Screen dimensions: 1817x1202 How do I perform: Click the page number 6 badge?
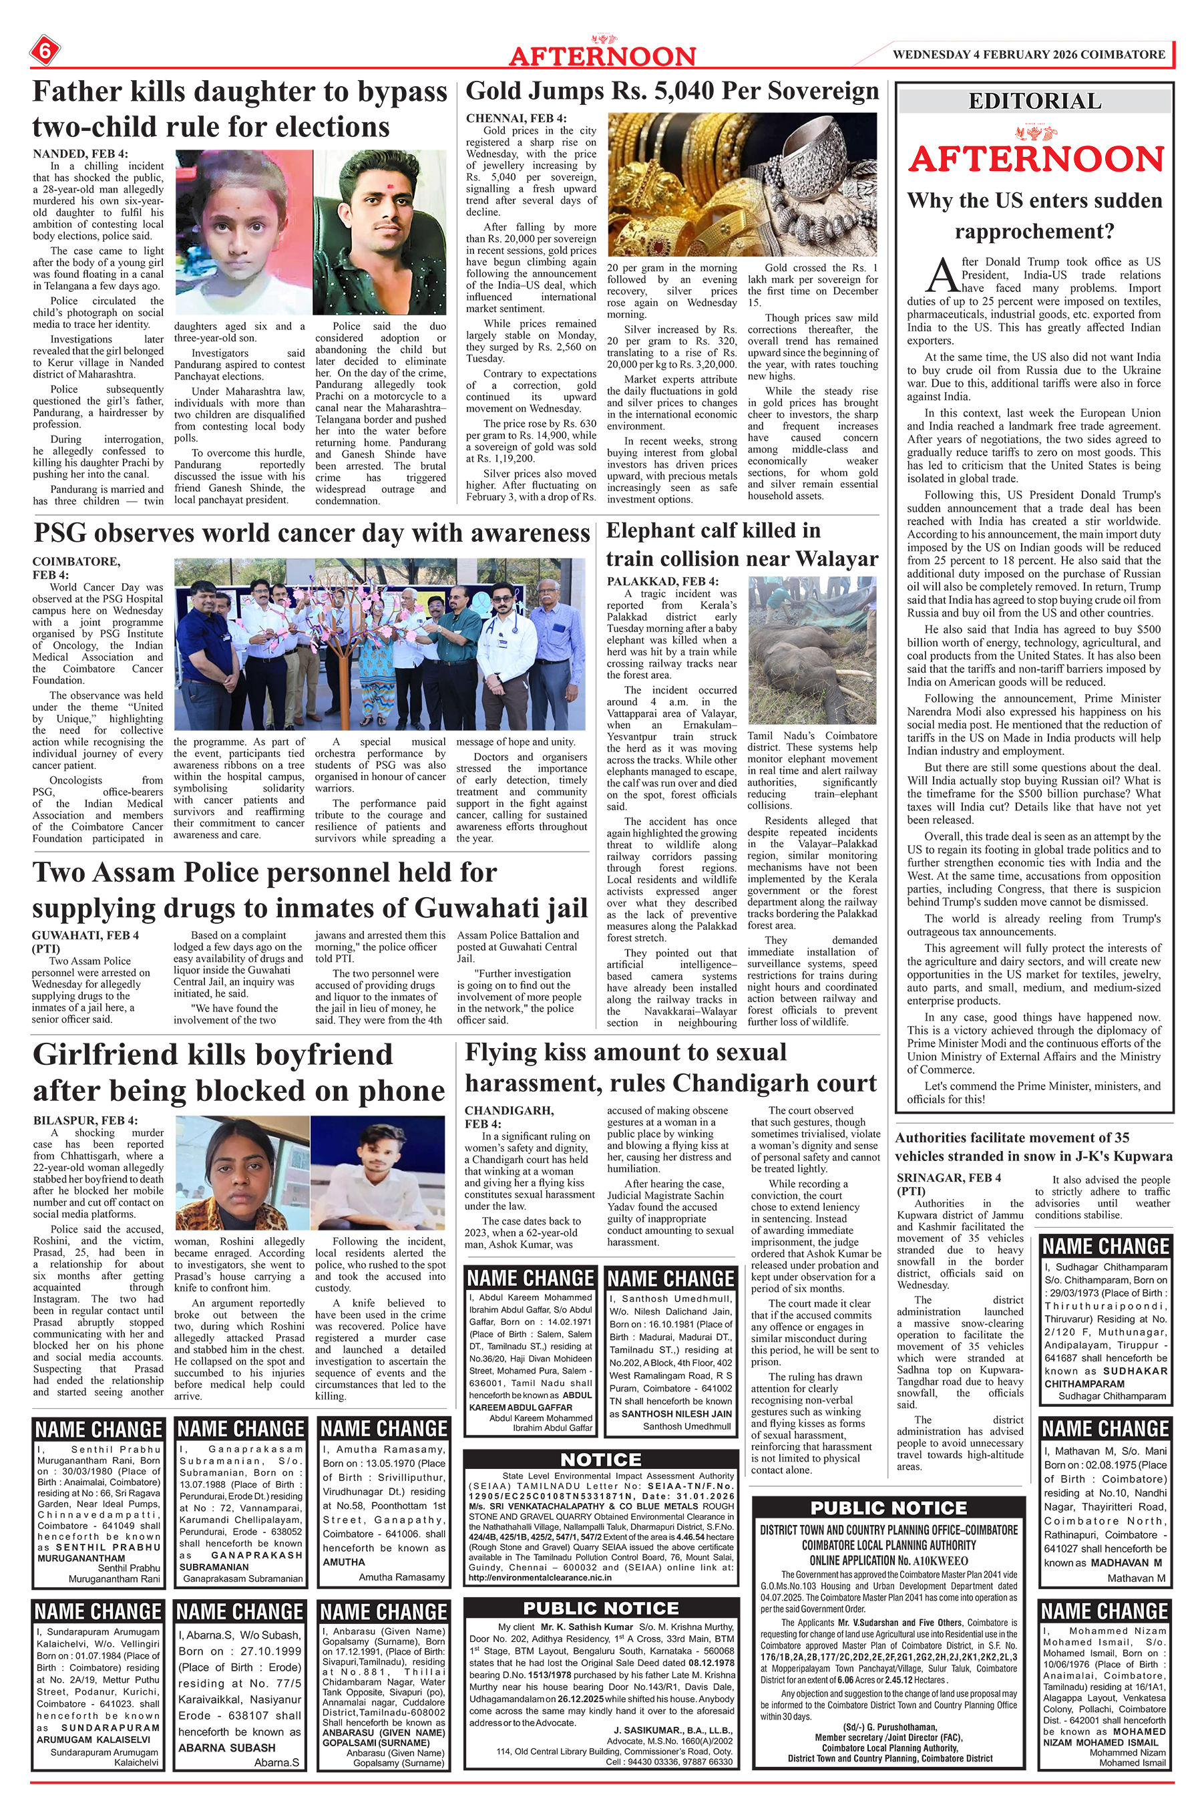[x=45, y=51]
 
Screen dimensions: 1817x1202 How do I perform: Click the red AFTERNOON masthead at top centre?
[x=602, y=56]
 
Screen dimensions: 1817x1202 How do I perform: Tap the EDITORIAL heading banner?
[x=1035, y=101]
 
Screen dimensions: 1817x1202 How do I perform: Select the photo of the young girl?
[x=244, y=232]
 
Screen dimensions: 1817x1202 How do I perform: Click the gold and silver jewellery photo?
[x=742, y=184]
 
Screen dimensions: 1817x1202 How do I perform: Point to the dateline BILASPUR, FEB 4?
[x=85, y=1120]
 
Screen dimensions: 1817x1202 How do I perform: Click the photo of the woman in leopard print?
[x=242, y=1172]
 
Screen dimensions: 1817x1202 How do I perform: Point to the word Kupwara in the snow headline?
[x=1136, y=1156]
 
